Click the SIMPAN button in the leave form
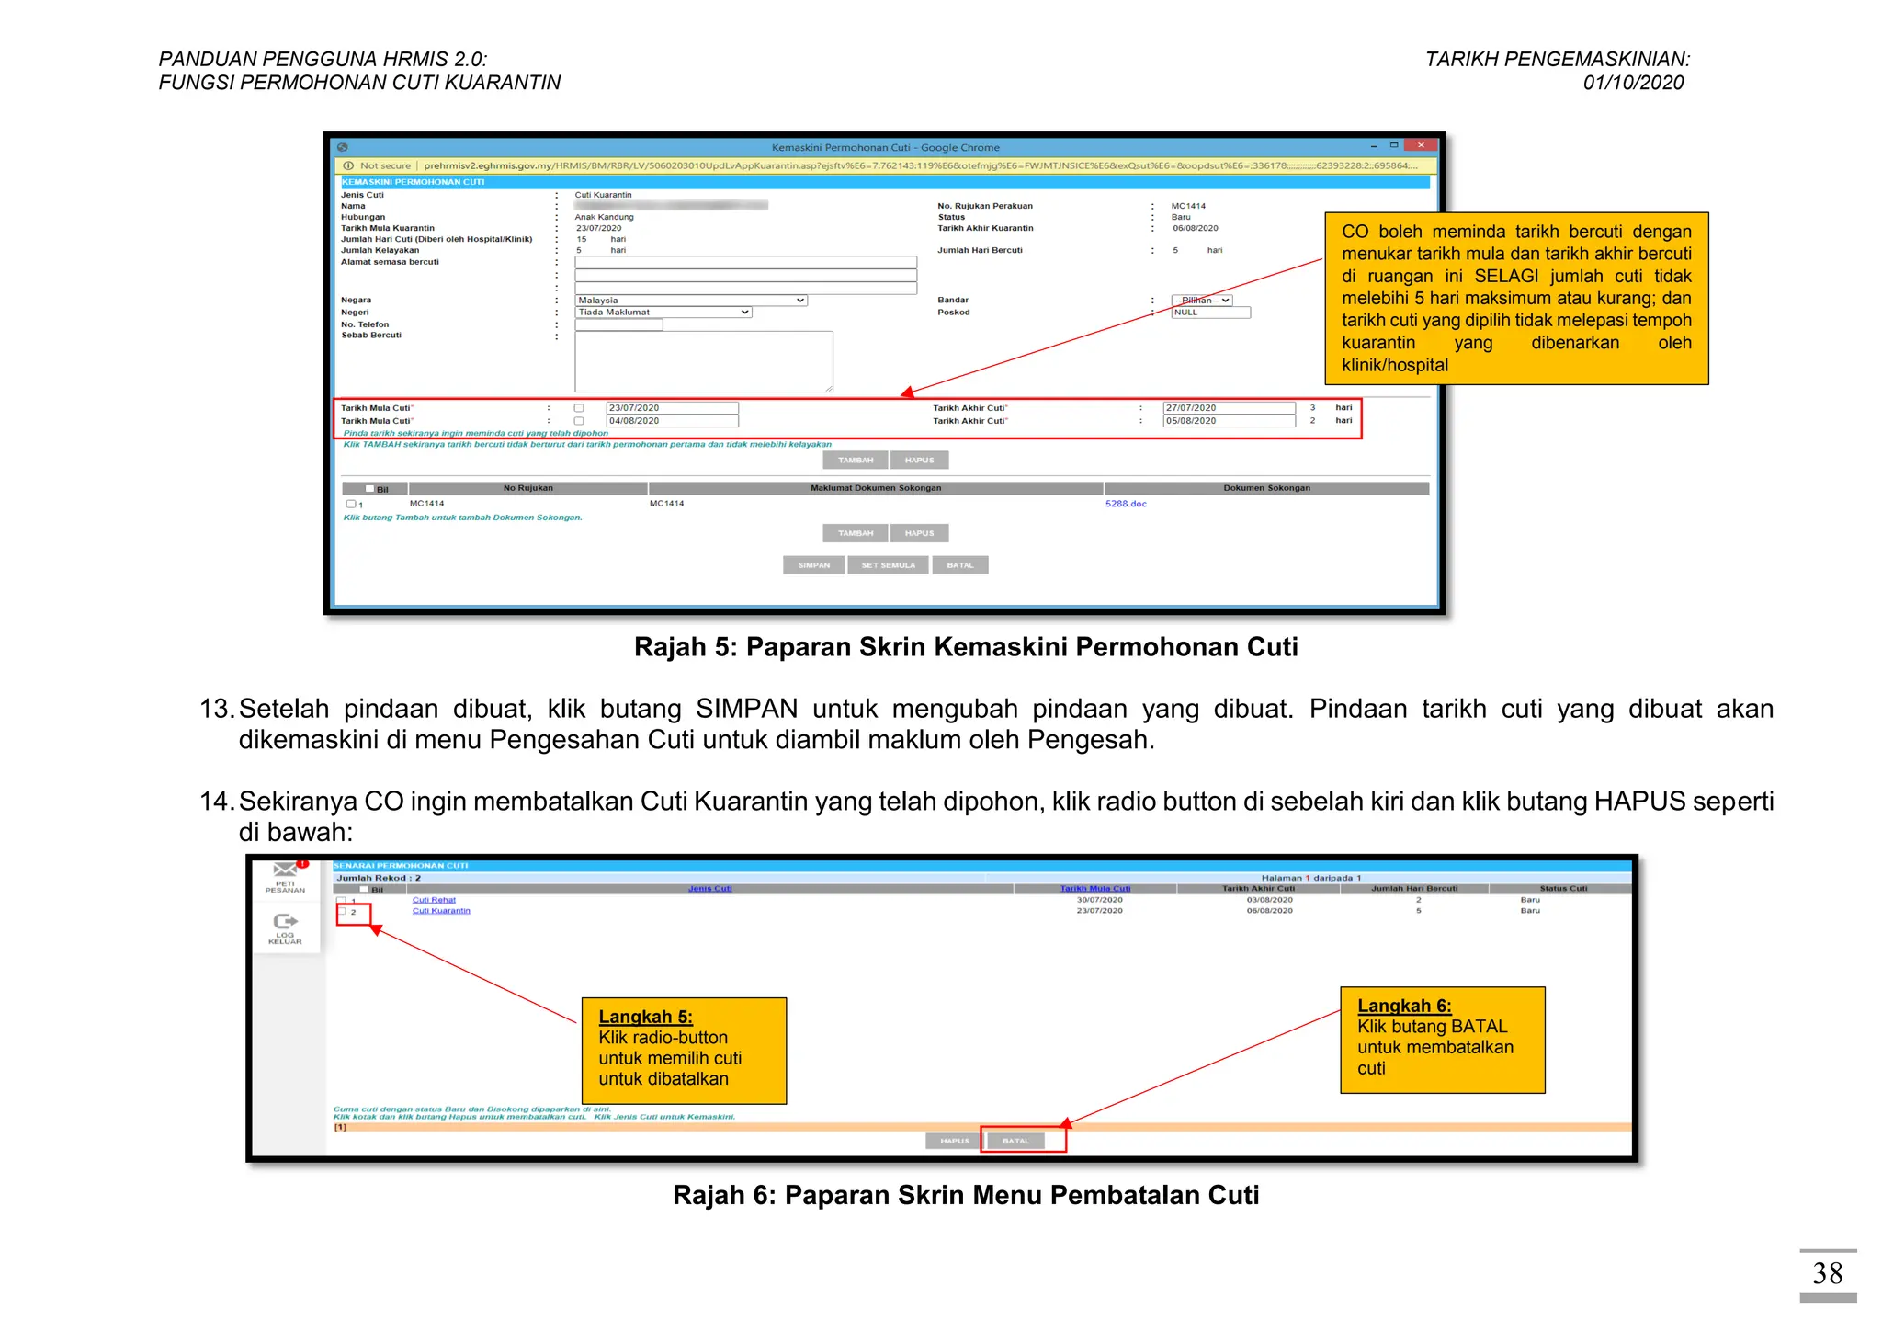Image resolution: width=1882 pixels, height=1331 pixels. click(813, 565)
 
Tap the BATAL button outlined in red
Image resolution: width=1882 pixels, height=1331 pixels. click(1015, 1141)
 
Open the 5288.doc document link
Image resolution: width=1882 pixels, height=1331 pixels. click(1126, 504)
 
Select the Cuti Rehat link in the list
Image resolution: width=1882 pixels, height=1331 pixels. click(434, 900)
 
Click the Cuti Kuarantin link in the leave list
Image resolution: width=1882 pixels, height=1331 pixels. click(441, 911)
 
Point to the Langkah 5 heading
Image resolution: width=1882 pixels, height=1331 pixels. click(645, 1017)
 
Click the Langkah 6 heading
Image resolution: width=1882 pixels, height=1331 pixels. click(1404, 1006)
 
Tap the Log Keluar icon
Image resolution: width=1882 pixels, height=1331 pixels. click(285, 922)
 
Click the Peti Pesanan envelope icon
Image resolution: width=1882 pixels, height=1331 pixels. click(285, 870)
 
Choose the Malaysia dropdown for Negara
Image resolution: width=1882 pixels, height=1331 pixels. click(691, 301)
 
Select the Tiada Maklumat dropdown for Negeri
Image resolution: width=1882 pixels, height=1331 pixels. click(663, 313)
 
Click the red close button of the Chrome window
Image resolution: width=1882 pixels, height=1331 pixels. click(1421, 145)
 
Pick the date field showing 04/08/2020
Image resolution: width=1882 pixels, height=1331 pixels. click(672, 421)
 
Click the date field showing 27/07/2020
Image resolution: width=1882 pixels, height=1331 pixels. click(1229, 408)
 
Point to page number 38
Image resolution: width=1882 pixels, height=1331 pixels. click(1827, 1273)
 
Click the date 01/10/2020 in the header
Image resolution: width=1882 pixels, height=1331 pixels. click(1633, 83)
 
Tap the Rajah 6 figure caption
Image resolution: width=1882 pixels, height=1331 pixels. click(966, 1195)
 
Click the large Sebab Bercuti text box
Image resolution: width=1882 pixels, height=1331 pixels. click(704, 361)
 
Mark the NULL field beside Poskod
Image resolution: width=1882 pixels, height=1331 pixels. click(1210, 313)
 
